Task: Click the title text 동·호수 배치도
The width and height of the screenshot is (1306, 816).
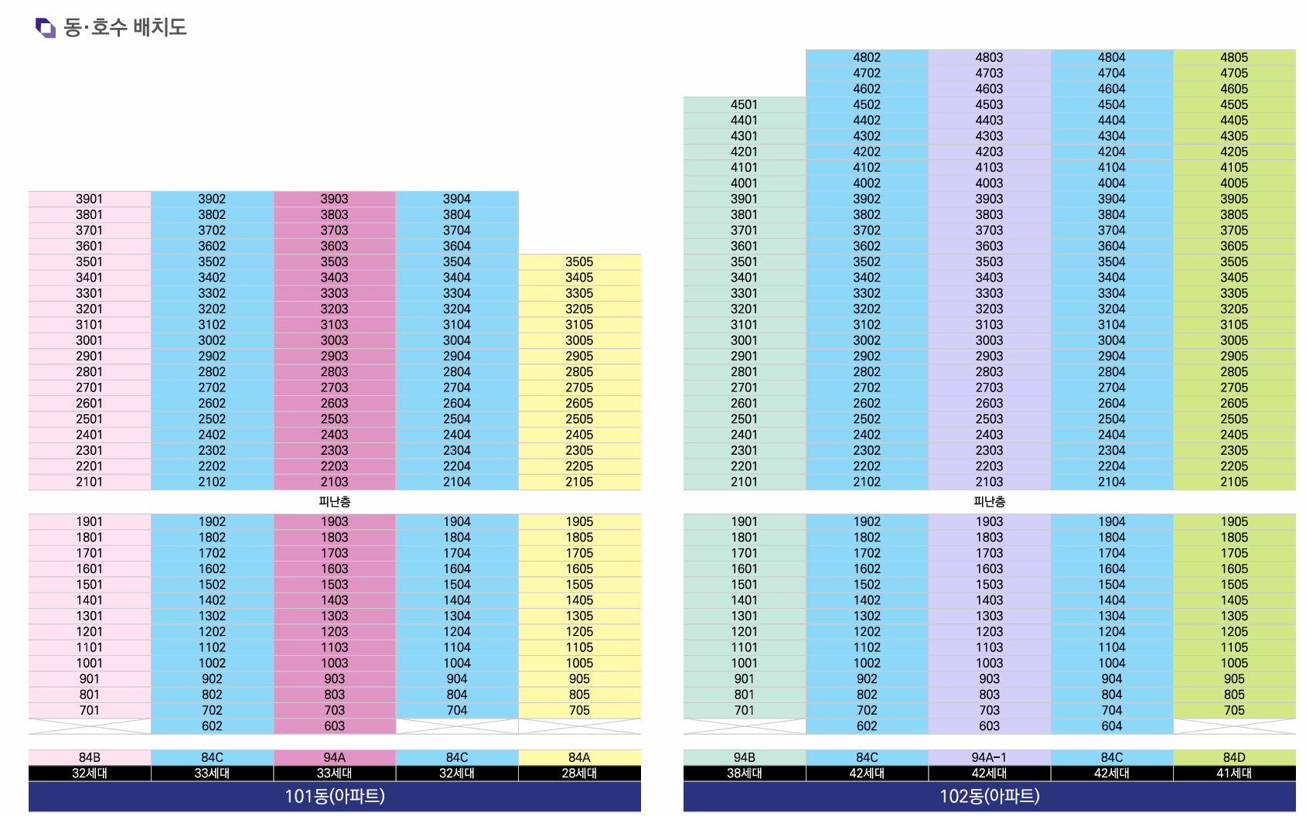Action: (x=124, y=28)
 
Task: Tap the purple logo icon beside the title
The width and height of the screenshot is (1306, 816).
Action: (x=46, y=28)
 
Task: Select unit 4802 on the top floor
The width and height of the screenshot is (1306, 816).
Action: (x=866, y=57)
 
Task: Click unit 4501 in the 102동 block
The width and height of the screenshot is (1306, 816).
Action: (x=744, y=104)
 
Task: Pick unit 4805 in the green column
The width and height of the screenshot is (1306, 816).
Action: (x=1233, y=57)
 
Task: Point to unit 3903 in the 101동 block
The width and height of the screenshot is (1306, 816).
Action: (x=334, y=199)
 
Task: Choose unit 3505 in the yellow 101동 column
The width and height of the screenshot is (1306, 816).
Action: (x=579, y=261)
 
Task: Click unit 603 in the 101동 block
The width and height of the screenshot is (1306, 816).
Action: (x=334, y=726)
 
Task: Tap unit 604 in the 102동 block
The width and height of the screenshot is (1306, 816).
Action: (x=1111, y=726)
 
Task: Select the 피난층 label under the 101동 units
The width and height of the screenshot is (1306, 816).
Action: (x=334, y=501)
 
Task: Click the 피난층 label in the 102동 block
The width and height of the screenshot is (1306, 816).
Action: (x=989, y=501)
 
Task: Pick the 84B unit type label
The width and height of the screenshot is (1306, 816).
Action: (x=90, y=757)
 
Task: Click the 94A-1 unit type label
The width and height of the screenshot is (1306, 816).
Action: (x=989, y=757)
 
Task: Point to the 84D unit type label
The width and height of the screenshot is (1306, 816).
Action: (x=1233, y=757)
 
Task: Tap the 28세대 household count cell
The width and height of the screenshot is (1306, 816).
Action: (x=579, y=773)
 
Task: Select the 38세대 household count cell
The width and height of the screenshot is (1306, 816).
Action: (x=744, y=773)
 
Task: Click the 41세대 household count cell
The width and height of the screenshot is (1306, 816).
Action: (x=1233, y=773)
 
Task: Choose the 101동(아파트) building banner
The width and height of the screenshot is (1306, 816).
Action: (x=334, y=796)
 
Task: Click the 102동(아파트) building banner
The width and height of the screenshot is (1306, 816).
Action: (x=989, y=796)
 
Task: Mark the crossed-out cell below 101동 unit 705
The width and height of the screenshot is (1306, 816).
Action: (x=579, y=726)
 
